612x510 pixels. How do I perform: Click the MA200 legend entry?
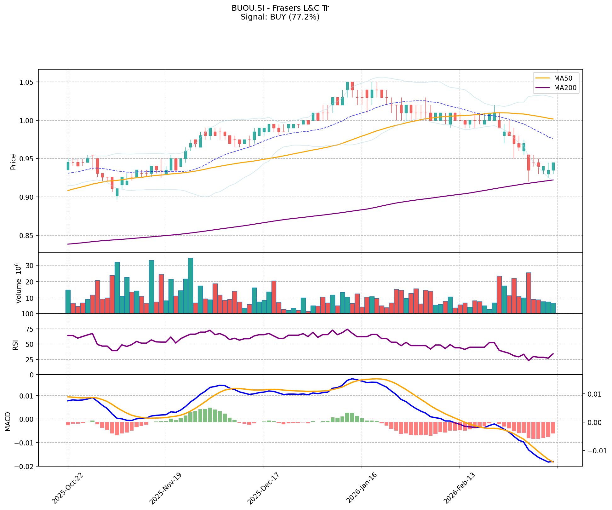565,88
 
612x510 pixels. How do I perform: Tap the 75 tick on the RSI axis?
31,329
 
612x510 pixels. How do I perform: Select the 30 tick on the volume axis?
31,266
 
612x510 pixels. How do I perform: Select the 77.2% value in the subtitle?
305,17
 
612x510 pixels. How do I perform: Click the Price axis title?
13,162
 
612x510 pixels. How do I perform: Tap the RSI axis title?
15,345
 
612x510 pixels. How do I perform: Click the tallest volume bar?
191,286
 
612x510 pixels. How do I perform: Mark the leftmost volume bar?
68,301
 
